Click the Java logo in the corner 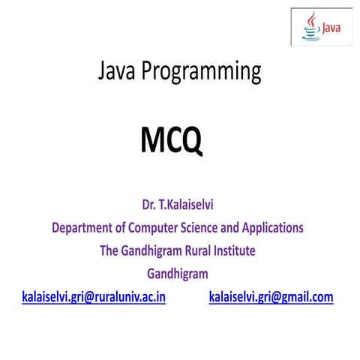click(x=320, y=28)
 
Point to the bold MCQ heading click(x=172, y=140)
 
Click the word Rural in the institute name click(x=196, y=250)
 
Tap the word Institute click(x=235, y=250)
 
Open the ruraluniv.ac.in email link click(x=94, y=297)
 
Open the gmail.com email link click(x=271, y=297)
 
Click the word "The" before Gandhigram click(x=110, y=250)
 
